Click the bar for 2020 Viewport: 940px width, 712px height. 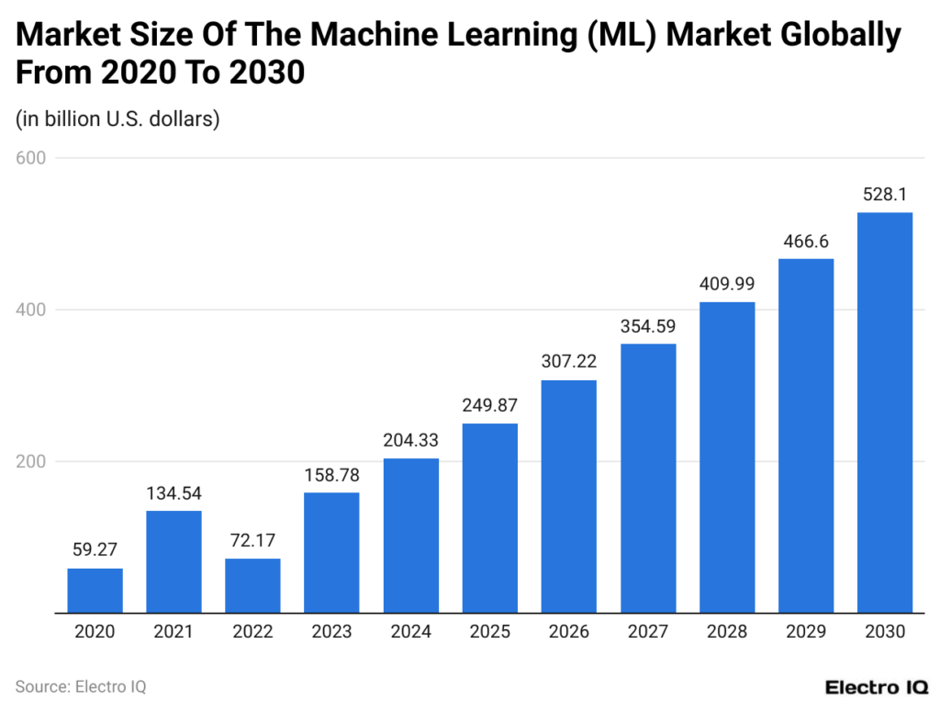coord(95,590)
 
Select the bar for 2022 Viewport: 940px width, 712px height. coord(252,584)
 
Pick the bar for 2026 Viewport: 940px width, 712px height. coord(569,495)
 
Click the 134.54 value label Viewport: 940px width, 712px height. coord(173,493)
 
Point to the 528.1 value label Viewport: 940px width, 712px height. coord(885,195)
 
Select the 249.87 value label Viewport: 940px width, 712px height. coord(489,406)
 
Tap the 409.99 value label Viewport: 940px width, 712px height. coord(727,285)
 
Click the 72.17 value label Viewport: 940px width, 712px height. coord(252,540)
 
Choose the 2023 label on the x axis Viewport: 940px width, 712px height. coord(331,632)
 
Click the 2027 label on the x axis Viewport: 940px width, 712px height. coord(648,632)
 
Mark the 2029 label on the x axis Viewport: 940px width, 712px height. coord(806,632)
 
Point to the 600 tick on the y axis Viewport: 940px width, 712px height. coord(31,158)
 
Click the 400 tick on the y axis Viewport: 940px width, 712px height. coord(31,310)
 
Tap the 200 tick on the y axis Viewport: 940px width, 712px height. coord(31,461)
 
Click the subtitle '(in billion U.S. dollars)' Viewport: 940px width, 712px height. coord(117,119)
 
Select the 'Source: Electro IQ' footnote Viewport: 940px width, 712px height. coord(81,686)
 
